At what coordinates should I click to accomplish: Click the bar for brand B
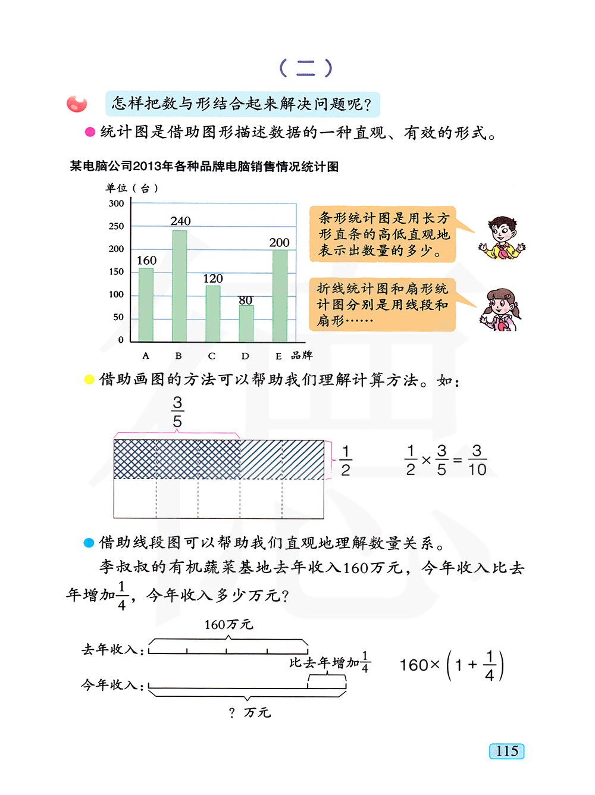click(x=179, y=286)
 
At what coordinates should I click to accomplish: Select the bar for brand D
click(x=246, y=323)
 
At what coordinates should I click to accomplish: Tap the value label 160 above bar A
click(x=146, y=261)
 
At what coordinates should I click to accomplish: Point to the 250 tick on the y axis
click(x=117, y=226)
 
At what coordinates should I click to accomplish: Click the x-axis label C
click(x=212, y=356)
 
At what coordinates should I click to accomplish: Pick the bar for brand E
click(x=280, y=295)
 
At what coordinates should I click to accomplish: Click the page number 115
click(x=507, y=751)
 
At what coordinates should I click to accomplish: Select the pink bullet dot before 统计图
click(x=90, y=132)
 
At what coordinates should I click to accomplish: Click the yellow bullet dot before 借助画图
click(x=89, y=380)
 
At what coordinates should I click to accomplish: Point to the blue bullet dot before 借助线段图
click(x=89, y=543)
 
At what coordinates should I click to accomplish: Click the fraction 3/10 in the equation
click(x=477, y=460)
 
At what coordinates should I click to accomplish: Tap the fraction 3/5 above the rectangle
click(x=177, y=412)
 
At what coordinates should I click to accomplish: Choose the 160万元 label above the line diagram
click(x=228, y=624)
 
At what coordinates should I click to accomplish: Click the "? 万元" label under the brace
click(x=250, y=712)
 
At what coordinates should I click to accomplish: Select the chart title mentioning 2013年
click(x=204, y=167)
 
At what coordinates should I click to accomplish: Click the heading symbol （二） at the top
click(x=306, y=68)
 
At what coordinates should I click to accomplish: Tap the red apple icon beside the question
click(x=77, y=104)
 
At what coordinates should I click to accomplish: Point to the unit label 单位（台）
click(x=132, y=188)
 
